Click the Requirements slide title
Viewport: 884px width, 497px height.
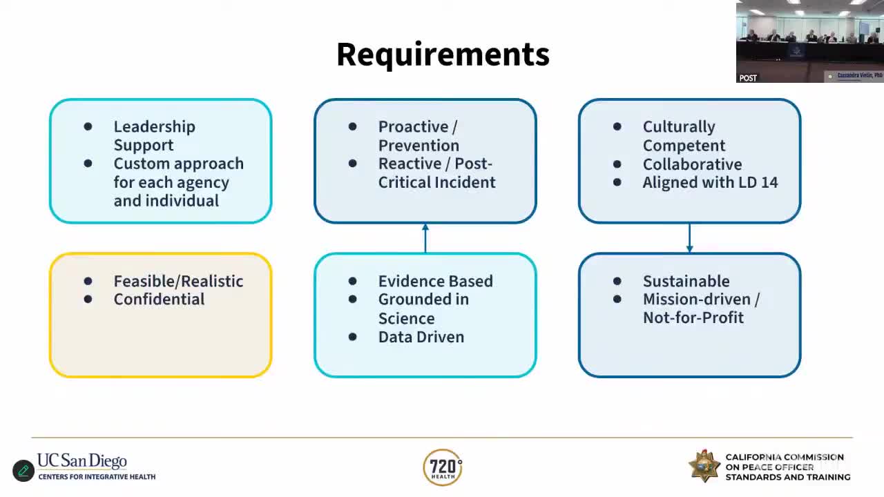coord(443,55)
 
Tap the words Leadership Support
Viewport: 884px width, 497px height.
coord(154,136)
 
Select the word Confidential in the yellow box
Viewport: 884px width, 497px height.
coord(159,299)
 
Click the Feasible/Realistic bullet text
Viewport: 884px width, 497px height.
coord(178,281)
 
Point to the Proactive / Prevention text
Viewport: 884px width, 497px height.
coord(419,136)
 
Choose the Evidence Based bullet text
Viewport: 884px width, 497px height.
coord(435,281)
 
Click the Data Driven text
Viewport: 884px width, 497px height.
coord(421,337)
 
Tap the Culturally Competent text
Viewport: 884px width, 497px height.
coord(684,136)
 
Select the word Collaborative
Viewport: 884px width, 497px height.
coord(692,164)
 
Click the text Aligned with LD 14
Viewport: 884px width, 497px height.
coord(710,182)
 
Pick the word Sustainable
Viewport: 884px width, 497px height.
coord(686,281)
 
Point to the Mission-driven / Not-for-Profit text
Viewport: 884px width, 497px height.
coord(700,309)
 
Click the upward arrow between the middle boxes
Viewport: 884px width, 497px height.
coord(425,237)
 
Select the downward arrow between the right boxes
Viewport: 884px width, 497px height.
coord(689,238)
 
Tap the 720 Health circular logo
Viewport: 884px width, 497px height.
coord(443,467)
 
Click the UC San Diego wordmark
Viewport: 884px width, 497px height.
coord(82,460)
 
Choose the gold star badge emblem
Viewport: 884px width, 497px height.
coord(704,466)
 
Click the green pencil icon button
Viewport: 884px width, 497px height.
coord(23,471)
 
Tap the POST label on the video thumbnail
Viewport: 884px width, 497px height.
coord(748,78)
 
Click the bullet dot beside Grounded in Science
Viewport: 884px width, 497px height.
coord(353,300)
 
